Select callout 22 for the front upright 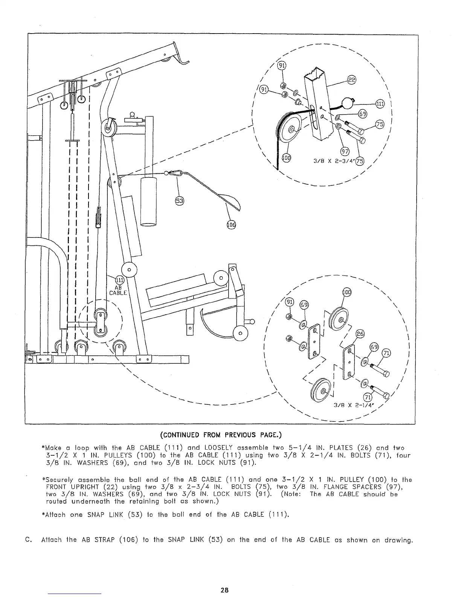pyautogui.click(x=351, y=80)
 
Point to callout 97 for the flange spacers pyautogui.click(x=344, y=152)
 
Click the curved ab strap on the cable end pyautogui.click(x=229, y=201)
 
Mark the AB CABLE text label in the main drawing pyautogui.click(x=118, y=290)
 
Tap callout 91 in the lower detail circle pyautogui.click(x=289, y=302)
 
